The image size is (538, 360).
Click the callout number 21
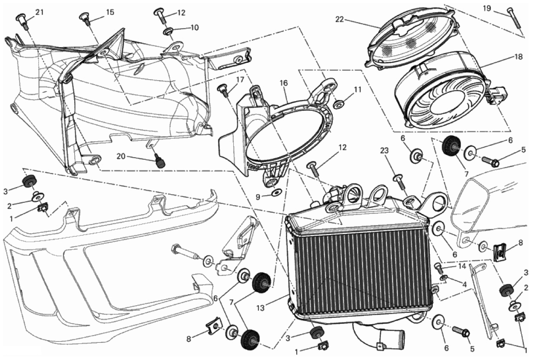(x=40, y=12)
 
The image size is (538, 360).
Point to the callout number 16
(x=283, y=83)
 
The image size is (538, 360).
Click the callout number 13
(x=260, y=308)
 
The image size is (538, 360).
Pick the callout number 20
(x=121, y=157)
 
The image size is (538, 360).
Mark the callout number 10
(x=194, y=28)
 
